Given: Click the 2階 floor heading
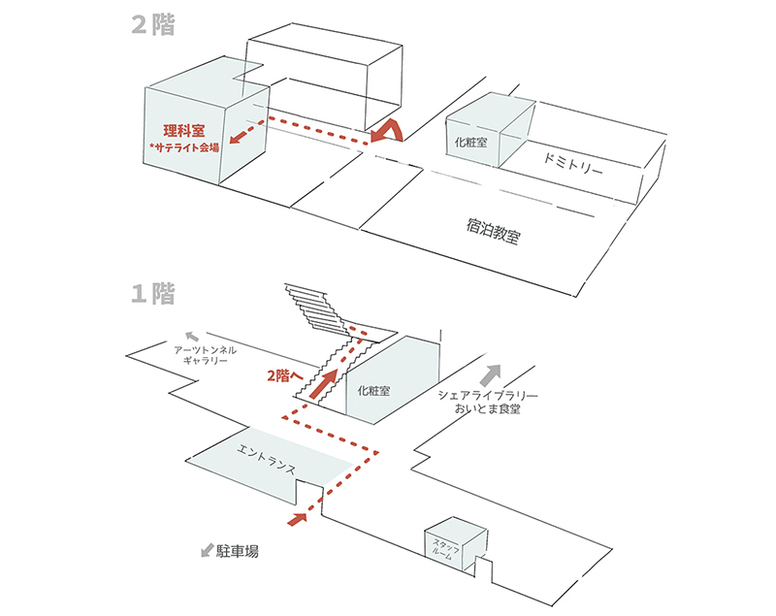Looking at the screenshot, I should pyautogui.click(x=153, y=26).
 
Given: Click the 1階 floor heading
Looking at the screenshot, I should pyautogui.click(x=153, y=293).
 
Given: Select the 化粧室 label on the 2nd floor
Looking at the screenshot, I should pyautogui.click(x=473, y=141).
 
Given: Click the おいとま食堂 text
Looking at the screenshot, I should pyautogui.click(x=488, y=410).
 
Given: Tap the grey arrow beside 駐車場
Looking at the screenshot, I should pyautogui.click(x=207, y=550).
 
